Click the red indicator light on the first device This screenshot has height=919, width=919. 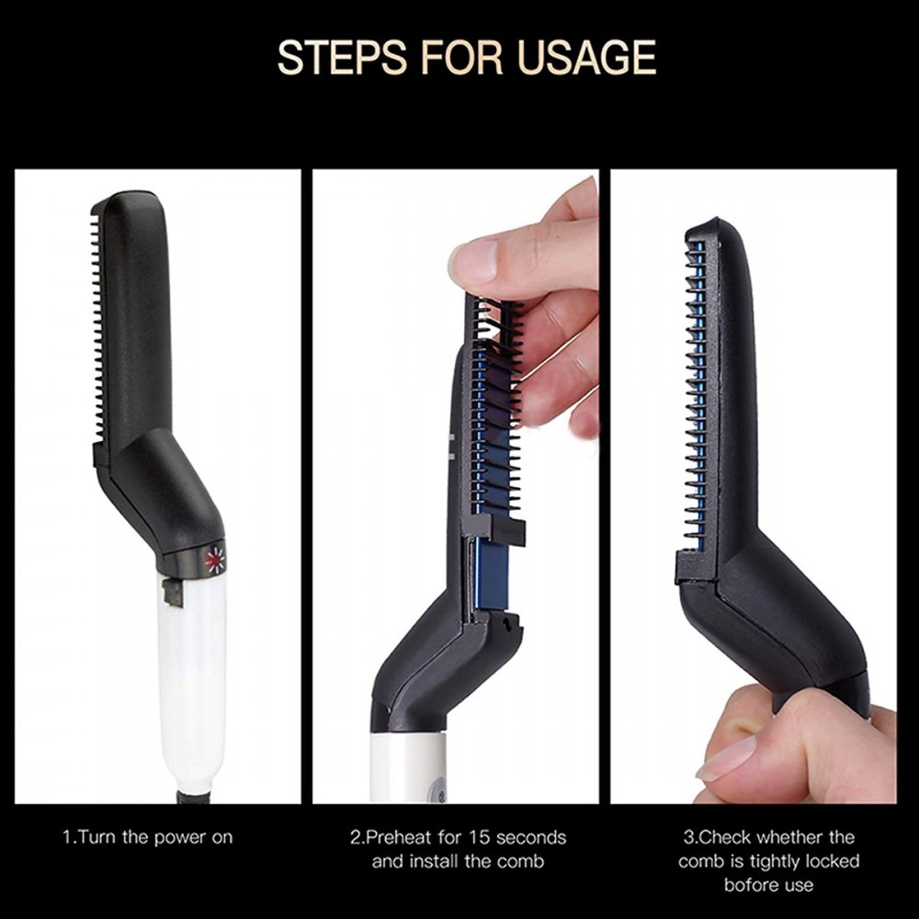coord(215,560)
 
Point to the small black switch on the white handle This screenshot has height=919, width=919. coord(172,592)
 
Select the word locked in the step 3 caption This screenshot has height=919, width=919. coord(831,861)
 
